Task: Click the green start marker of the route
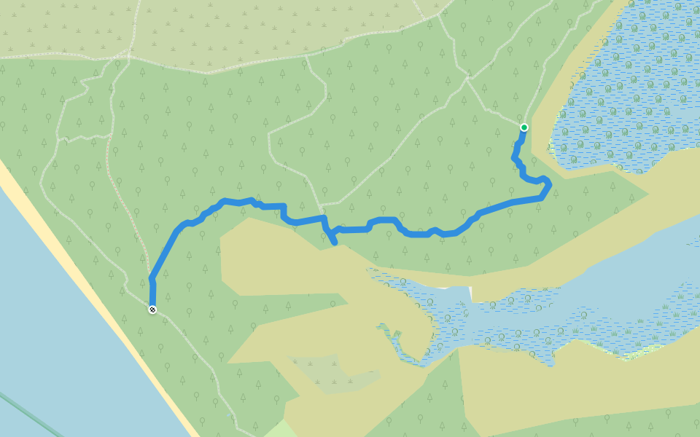[x=524, y=127]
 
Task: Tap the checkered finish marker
[x=152, y=310]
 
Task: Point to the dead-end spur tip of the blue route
[x=335, y=243]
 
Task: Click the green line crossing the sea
[x=29, y=412]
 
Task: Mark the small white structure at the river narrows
[x=470, y=293]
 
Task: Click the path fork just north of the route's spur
[x=321, y=204]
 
